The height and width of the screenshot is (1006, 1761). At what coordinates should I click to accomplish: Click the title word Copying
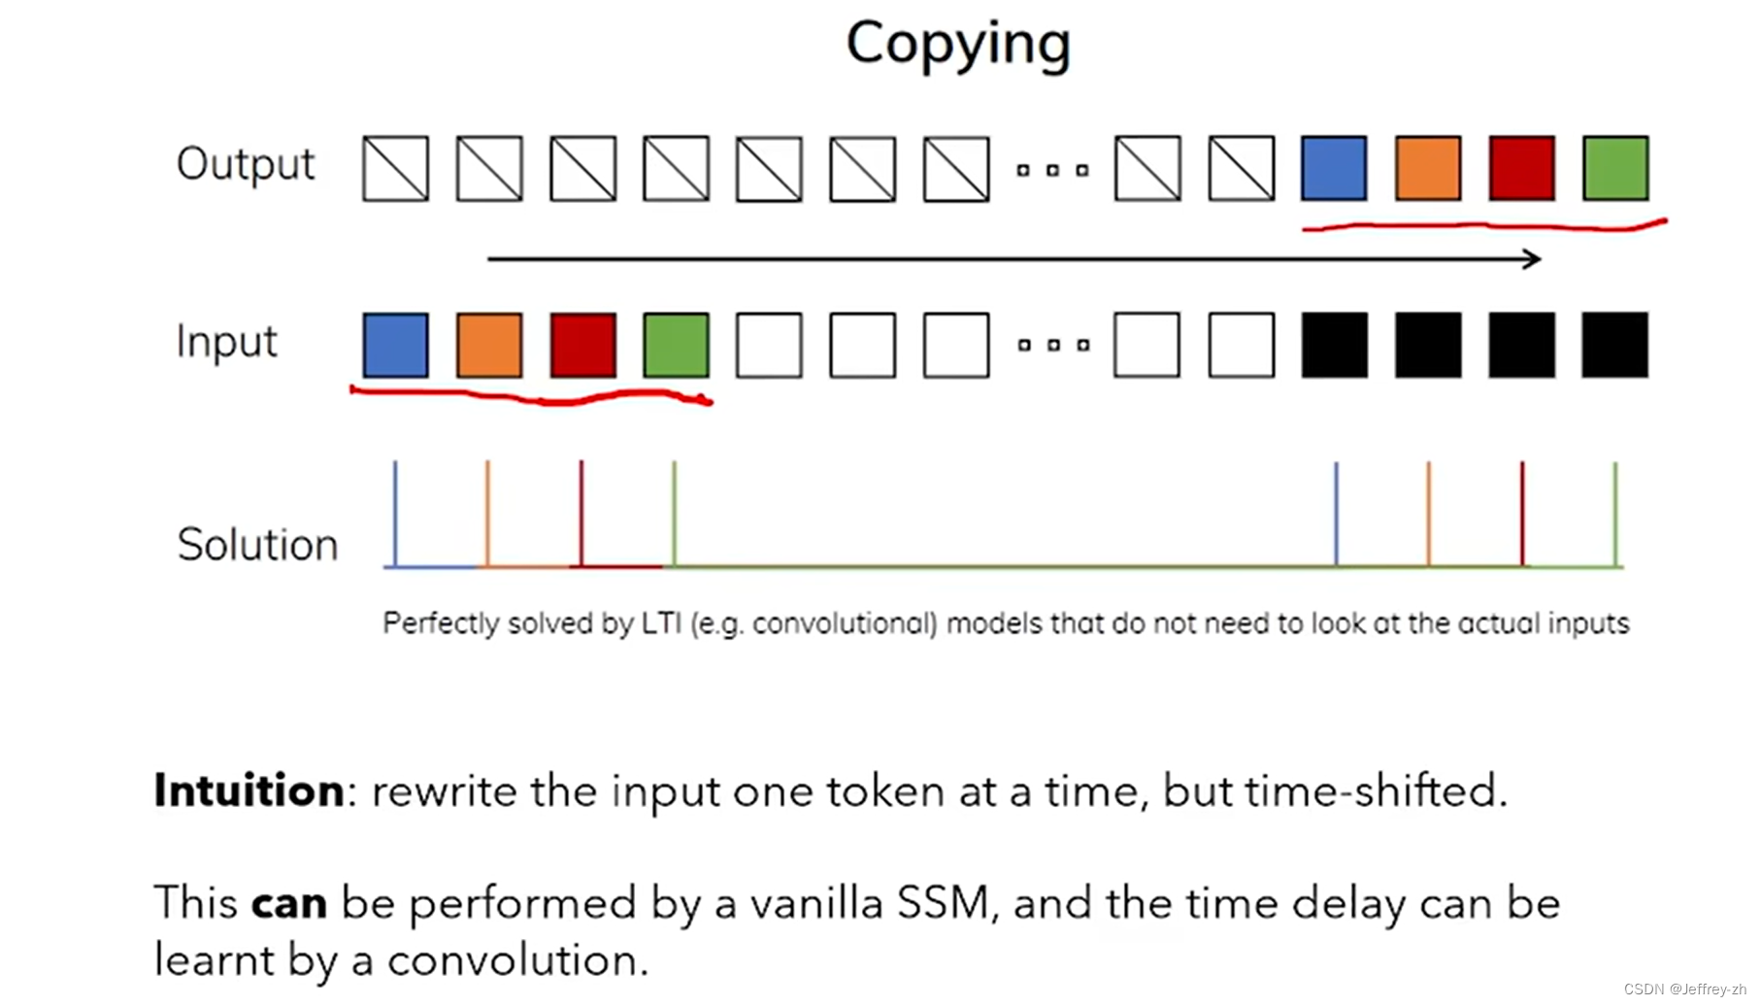pyautogui.click(x=957, y=44)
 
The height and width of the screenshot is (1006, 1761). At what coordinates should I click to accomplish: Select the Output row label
pyautogui.click(x=246, y=164)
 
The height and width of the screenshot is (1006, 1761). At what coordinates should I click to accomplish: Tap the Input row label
pyautogui.click(x=226, y=342)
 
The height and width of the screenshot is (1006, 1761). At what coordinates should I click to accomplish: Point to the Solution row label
pyautogui.click(x=257, y=545)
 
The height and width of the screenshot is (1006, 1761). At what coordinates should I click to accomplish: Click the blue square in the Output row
pyautogui.click(x=1334, y=169)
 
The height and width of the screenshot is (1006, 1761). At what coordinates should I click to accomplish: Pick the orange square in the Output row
pyautogui.click(x=1427, y=169)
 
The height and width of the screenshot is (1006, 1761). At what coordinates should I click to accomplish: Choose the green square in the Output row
pyautogui.click(x=1614, y=169)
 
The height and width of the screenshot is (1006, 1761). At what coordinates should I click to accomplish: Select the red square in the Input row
pyautogui.click(x=582, y=345)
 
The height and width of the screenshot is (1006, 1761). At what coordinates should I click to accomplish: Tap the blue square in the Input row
pyautogui.click(x=395, y=345)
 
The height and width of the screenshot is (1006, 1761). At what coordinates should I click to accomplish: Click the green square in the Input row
pyautogui.click(x=676, y=345)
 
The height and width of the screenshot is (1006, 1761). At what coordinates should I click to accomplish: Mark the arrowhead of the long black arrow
pyautogui.click(x=1533, y=258)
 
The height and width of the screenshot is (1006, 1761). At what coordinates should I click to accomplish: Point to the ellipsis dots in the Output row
pyautogui.click(x=1051, y=171)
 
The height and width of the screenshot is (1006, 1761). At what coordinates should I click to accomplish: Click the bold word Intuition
pyautogui.click(x=249, y=790)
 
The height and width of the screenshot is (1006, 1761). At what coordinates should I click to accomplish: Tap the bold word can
pyautogui.click(x=288, y=904)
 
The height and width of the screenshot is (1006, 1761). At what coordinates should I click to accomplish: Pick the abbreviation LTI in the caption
pyautogui.click(x=661, y=623)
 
